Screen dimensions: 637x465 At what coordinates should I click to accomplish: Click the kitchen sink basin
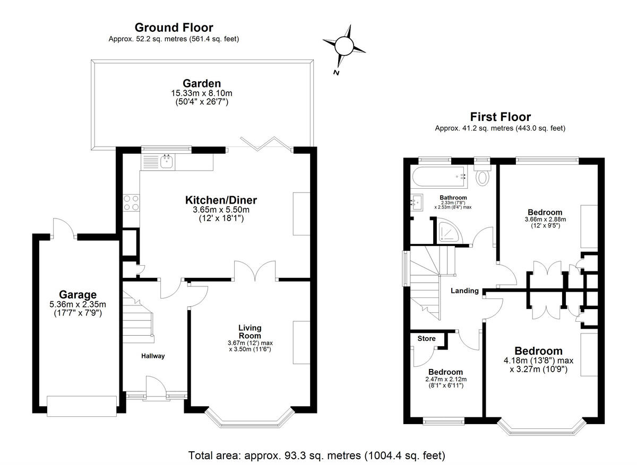click(166, 161)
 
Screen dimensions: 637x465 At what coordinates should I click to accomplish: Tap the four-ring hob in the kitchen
click(132, 203)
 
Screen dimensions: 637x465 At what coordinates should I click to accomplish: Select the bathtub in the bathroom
click(440, 177)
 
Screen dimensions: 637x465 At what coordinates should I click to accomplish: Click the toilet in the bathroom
click(483, 174)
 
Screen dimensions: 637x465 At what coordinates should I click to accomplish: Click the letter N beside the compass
click(336, 73)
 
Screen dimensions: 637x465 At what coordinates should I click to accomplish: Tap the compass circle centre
click(344, 46)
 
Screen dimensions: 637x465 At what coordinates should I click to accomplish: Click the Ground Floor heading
click(174, 28)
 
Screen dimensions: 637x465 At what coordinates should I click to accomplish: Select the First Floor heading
click(500, 117)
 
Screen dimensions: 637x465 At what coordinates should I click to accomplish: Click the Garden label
click(202, 83)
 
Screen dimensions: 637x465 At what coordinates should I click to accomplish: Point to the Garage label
click(78, 295)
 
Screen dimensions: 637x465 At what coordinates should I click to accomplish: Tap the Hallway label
click(153, 356)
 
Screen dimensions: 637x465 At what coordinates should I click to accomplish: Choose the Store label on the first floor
click(426, 338)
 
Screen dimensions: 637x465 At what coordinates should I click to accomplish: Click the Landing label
click(464, 291)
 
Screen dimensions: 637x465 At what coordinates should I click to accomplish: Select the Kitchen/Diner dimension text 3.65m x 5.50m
click(221, 209)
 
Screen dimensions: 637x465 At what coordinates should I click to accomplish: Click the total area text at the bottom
click(316, 455)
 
